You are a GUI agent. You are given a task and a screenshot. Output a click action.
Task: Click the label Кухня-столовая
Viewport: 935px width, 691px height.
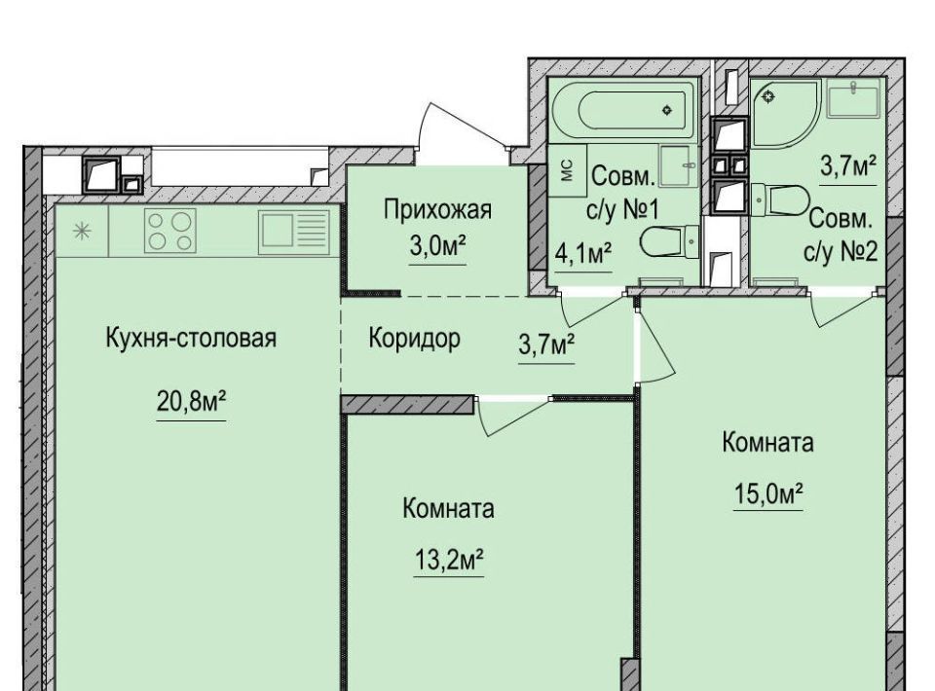tap(191, 338)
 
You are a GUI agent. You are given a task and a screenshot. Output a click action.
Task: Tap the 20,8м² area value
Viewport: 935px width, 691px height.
tap(191, 402)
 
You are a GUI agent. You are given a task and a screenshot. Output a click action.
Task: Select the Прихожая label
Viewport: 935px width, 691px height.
tap(437, 210)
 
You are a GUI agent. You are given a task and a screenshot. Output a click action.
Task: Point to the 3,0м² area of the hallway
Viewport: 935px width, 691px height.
tap(437, 245)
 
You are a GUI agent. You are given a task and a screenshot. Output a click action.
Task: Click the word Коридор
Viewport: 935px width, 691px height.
tap(415, 339)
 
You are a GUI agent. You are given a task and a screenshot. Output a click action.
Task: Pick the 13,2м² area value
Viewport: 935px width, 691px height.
tap(448, 560)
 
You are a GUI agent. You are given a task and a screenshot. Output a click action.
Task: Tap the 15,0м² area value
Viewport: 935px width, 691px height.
tap(768, 493)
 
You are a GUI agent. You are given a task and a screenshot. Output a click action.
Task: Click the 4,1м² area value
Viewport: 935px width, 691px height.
tap(583, 254)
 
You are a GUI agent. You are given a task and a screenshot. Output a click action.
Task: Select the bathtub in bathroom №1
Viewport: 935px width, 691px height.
tap(624, 110)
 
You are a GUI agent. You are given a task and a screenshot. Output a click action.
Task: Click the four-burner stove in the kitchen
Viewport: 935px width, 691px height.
tap(169, 231)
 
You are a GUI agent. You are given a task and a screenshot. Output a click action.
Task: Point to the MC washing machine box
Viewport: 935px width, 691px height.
tap(567, 169)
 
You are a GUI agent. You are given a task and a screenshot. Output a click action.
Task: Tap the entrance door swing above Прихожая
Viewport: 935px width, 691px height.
tap(462, 128)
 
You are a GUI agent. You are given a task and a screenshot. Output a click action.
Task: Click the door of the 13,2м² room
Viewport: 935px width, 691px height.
tap(513, 416)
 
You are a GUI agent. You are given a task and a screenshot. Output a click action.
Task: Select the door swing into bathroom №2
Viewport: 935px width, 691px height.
tap(843, 308)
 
